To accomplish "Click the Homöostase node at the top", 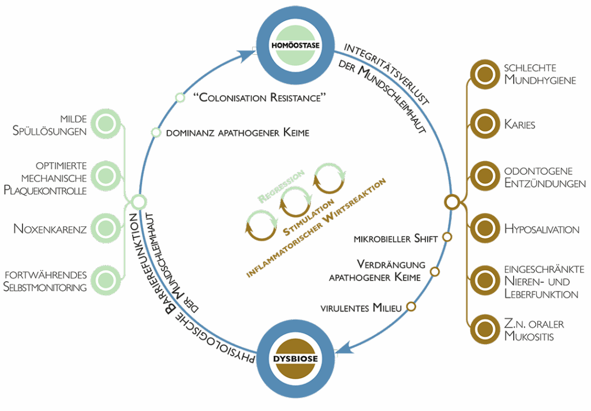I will point(295,45).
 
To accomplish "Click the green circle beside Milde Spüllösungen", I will point(105,124).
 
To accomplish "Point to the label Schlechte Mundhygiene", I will point(539,74).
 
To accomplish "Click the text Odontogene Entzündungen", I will point(544,177).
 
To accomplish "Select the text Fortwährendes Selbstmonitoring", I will point(46,281).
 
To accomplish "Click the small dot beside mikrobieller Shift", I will point(446,237).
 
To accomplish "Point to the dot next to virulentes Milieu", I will point(411,307).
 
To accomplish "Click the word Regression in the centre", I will point(281,186).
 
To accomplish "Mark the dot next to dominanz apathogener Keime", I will point(156,132).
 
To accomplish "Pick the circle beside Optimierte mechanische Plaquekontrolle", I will point(105,177).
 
